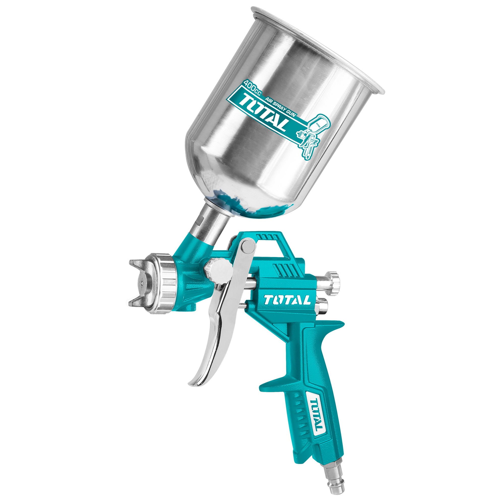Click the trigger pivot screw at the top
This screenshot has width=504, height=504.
pyautogui.click(x=248, y=245)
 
